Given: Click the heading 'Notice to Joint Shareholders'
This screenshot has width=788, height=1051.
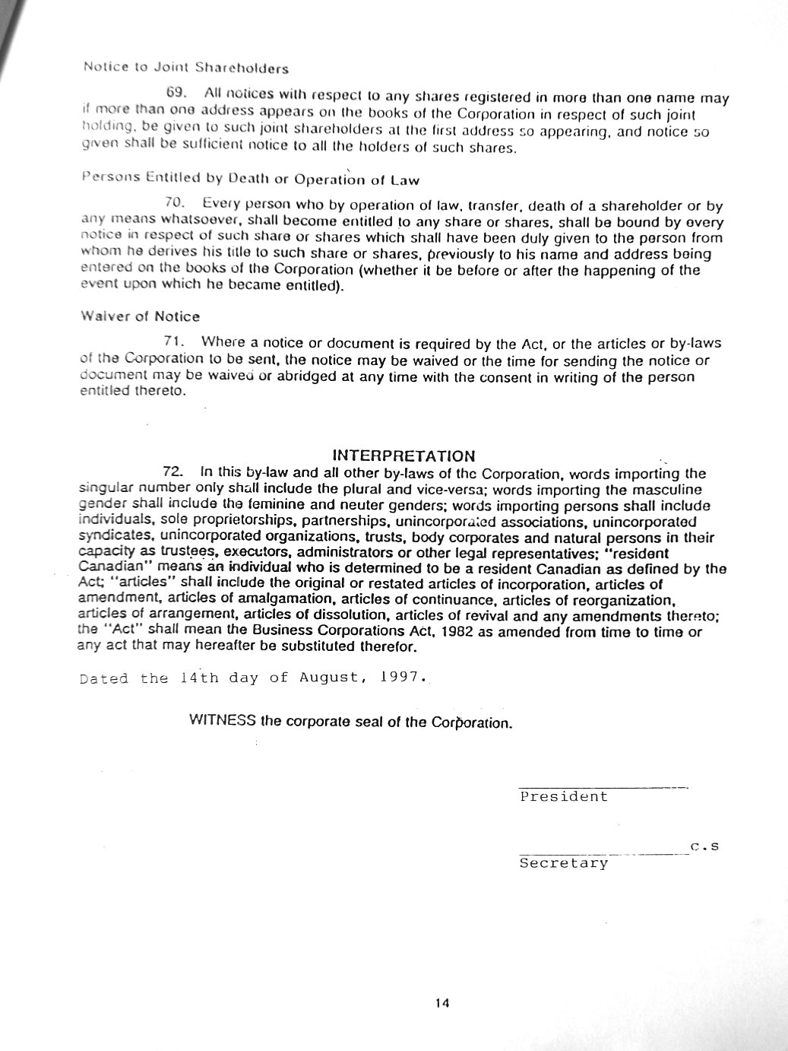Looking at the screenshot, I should (185, 68).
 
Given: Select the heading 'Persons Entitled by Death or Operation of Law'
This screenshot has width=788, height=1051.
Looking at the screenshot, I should (249, 179).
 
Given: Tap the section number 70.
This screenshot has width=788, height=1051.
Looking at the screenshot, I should (174, 203).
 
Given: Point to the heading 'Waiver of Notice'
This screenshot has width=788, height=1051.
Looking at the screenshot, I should (140, 316).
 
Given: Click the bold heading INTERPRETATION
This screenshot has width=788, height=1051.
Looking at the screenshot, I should (403, 456).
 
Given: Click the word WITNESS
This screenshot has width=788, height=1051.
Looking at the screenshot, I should (222, 720).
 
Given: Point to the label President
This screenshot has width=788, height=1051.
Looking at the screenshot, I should (564, 797).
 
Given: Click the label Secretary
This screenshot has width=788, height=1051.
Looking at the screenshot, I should (564, 863).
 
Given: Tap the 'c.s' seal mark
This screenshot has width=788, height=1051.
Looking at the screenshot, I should (704, 846).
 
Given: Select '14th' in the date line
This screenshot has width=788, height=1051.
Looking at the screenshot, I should (199, 677).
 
